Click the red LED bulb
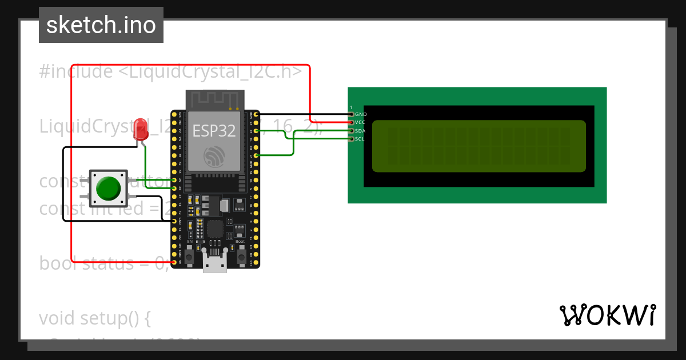pos(140,130)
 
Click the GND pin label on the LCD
pos(361,114)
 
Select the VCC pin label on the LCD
pos(360,122)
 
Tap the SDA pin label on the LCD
pos(360,131)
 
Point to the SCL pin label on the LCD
pos(360,139)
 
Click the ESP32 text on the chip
pos(214,131)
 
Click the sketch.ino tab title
pos(101,25)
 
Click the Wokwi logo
pos(608,315)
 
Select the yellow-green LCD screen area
pos(478,146)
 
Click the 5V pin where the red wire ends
pos(174,262)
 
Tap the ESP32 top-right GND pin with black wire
pos(256,114)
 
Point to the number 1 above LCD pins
pos(351,107)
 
